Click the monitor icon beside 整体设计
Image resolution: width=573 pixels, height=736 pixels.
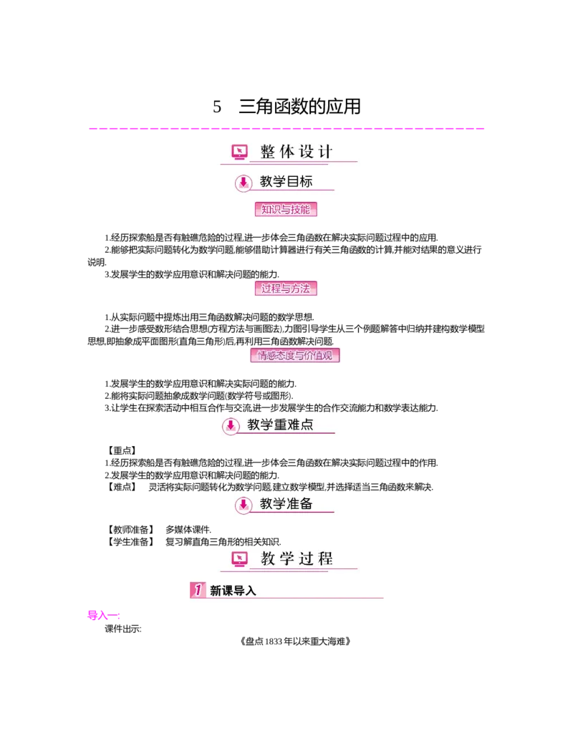239,152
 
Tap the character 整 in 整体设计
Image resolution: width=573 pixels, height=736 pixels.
267,152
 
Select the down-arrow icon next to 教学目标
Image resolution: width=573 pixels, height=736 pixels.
244,183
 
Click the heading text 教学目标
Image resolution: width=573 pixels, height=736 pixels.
286,182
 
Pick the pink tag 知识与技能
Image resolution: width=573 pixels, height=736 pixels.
286,209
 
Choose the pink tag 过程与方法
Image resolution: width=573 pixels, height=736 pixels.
286,289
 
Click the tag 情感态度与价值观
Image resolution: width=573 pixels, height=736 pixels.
294,355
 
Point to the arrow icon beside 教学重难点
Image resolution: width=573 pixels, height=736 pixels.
231,425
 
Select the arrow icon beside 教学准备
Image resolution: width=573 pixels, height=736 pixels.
244,505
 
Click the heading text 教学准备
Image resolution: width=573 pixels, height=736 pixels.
286,504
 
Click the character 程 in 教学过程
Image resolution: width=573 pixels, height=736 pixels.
325,558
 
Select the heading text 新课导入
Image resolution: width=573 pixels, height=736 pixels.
233,591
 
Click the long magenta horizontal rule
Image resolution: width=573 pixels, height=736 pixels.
286,129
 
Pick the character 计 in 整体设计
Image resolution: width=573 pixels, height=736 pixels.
325,152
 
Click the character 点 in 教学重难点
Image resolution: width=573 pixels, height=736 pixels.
307,425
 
